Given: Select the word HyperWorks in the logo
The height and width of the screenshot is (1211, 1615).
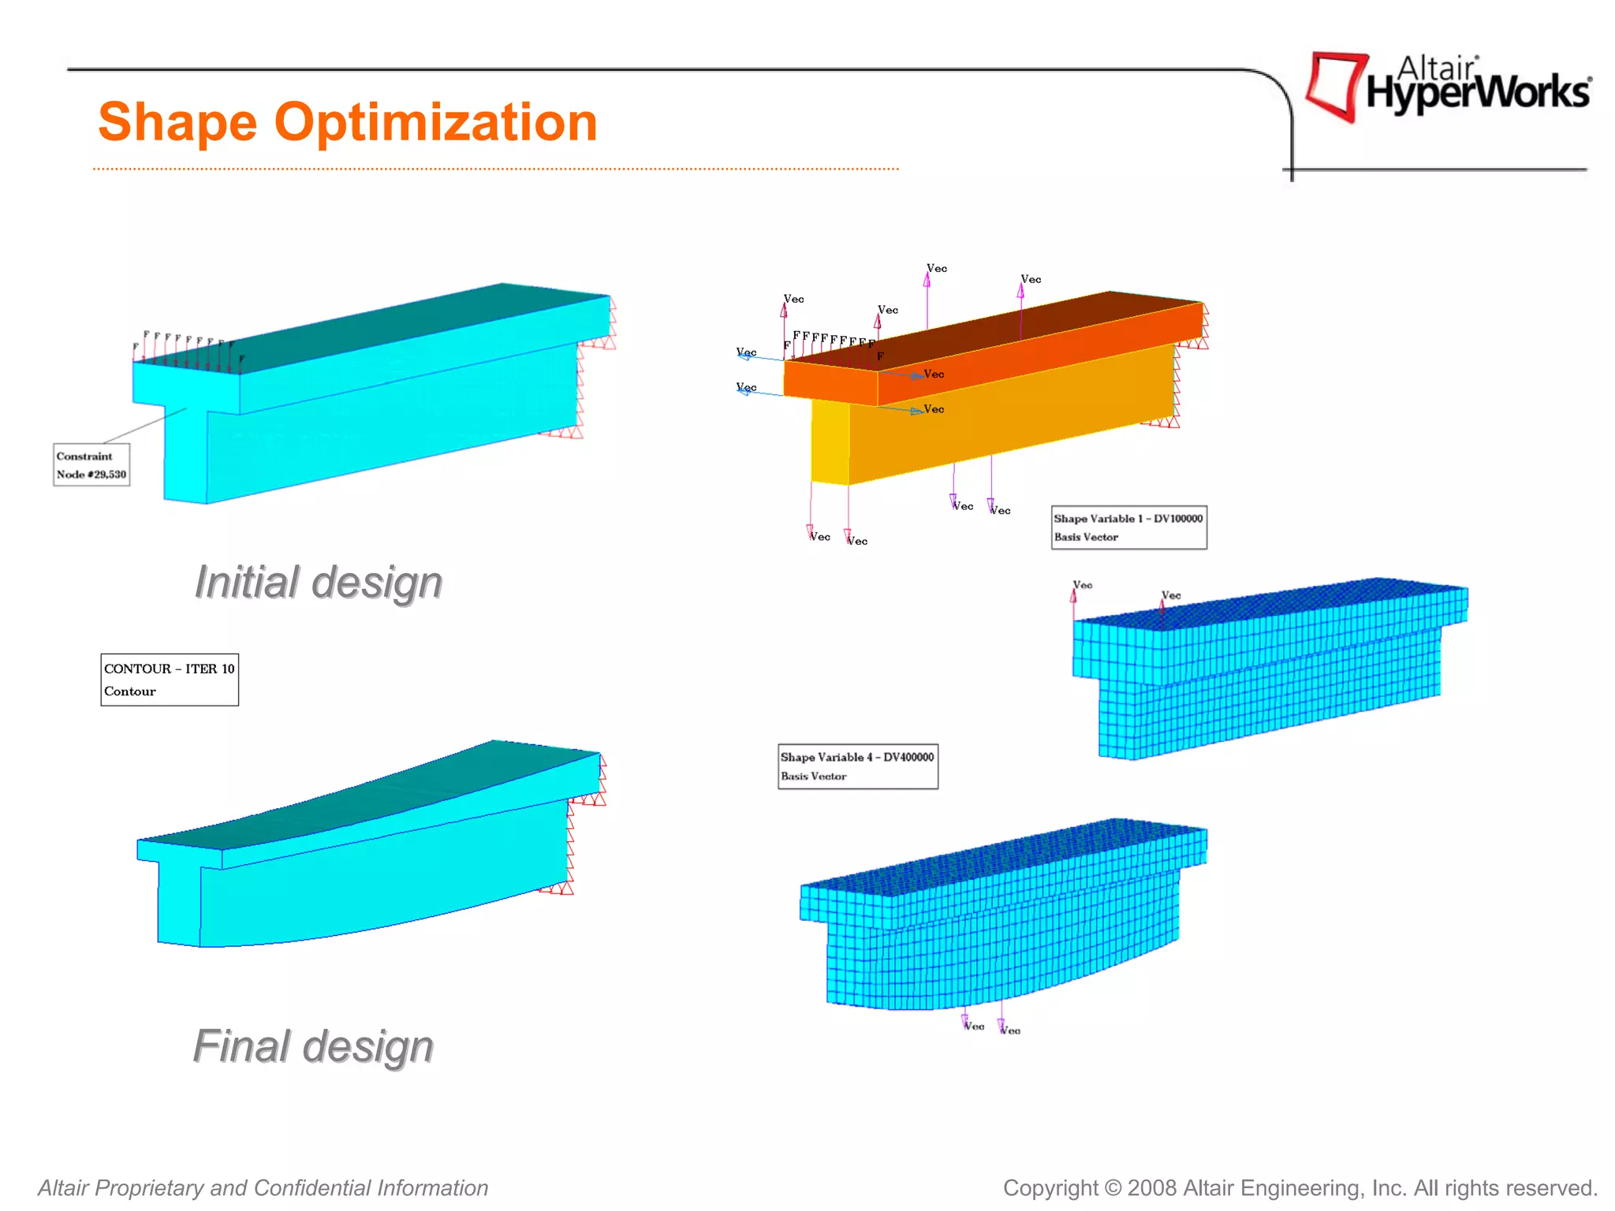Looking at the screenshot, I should tap(1478, 93).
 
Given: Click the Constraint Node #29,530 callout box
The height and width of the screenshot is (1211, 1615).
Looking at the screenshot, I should tap(91, 465).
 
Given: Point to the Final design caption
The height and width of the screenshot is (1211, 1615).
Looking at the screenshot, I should tap(313, 1046).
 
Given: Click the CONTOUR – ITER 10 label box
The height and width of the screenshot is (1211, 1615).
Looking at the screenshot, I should tap(170, 679).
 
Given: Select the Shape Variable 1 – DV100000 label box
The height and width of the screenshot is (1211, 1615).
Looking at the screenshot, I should tap(1128, 527).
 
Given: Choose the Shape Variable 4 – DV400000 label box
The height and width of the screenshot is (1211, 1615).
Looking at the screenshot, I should tap(858, 766).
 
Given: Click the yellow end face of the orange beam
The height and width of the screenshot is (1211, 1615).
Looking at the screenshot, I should tap(830, 442).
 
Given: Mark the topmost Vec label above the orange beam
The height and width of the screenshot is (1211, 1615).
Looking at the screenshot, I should tap(937, 268).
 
